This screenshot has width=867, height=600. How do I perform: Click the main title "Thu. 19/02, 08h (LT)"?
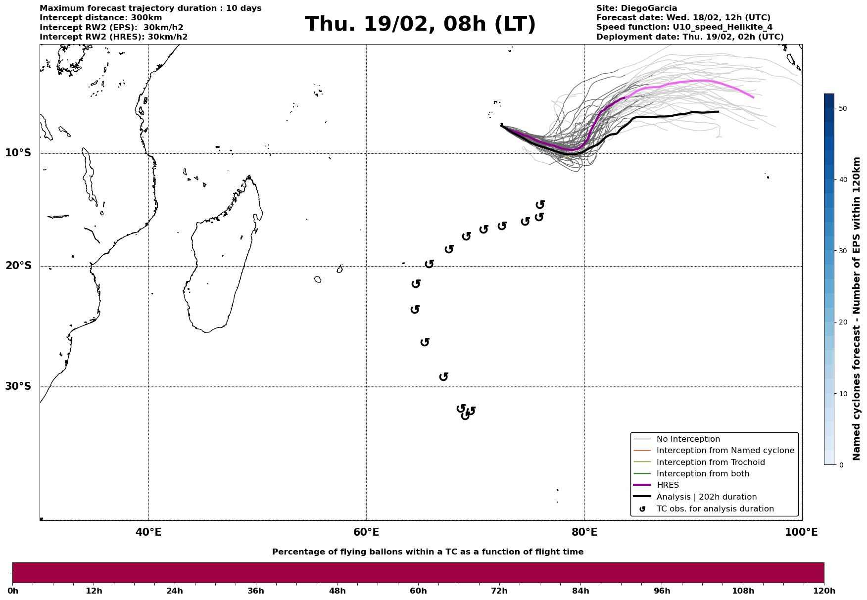click(420, 24)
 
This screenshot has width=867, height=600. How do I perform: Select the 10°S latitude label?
click(18, 153)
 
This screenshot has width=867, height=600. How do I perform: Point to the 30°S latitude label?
click(18, 386)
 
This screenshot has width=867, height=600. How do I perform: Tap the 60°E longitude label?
click(366, 532)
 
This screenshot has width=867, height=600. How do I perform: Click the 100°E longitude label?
click(801, 532)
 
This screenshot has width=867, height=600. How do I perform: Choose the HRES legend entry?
click(668, 485)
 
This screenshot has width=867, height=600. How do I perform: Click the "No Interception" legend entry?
click(688, 439)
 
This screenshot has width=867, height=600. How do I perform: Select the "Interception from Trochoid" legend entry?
click(710, 462)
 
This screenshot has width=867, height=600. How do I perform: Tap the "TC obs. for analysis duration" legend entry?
click(715, 509)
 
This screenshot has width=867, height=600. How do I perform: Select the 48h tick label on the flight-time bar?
click(337, 591)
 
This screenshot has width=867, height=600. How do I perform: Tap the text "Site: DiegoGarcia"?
click(636, 8)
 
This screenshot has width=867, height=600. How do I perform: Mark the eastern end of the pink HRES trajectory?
click(753, 97)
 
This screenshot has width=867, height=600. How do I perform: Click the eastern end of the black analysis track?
click(718, 112)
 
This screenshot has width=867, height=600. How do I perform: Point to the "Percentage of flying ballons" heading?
click(428, 552)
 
